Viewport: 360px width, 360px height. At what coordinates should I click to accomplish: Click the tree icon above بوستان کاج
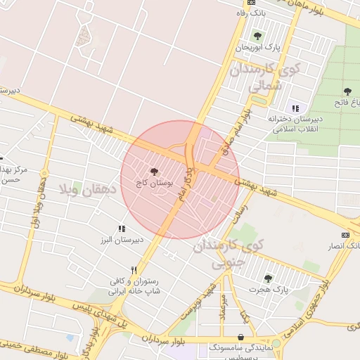(x=155, y=171)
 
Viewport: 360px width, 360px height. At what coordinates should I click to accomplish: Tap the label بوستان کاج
(x=155, y=182)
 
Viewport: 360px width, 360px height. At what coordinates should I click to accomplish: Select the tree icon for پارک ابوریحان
(x=257, y=36)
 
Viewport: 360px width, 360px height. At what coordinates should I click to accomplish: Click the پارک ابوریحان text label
(x=257, y=47)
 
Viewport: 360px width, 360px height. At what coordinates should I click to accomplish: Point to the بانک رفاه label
(x=252, y=12)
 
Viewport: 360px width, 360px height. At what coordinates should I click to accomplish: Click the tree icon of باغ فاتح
(x=347, y=91)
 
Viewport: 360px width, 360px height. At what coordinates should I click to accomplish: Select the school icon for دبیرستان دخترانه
(x=295, y=108)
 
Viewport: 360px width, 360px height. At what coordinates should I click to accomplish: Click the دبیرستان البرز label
(x=122, y=239)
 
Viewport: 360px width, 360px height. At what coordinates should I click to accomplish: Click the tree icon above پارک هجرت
(x=267, y=278)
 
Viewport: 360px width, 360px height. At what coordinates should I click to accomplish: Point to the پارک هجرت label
(x=271, y=289)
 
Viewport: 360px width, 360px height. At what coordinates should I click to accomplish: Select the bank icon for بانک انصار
(x=345, y=234)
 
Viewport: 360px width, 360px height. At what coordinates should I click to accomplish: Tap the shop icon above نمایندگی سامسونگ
(x=241, y=337)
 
